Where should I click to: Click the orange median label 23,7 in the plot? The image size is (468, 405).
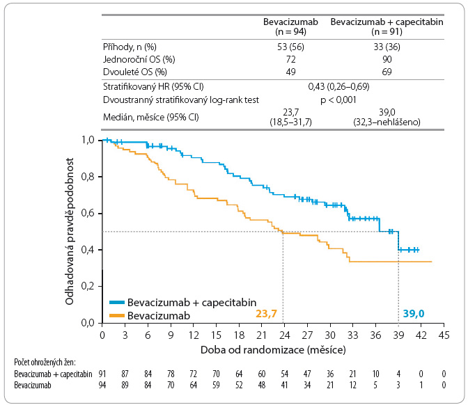click(x=266, y=313)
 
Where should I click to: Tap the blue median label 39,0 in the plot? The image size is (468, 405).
click(x=414, y=313)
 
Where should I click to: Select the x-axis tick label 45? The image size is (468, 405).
click(x=444, y=335)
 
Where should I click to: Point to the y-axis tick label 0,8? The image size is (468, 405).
click(x=88, y=177)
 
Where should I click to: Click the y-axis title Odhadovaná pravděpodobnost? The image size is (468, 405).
click(x=69, y=232)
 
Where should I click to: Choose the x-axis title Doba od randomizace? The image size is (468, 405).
click(x=253, y=349)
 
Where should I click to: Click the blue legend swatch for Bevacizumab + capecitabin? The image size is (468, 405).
click(x=117, y=303)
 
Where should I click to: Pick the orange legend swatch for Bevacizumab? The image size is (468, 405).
click(x=117, y=315)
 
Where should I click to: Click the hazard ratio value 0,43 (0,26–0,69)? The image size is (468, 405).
click(x=338, y=87)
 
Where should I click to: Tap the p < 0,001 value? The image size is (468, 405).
click(x=338, y=100)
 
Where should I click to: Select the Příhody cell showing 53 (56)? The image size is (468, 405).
click(x=290, y=47)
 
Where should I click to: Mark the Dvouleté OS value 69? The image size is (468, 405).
click(x=387, y=72)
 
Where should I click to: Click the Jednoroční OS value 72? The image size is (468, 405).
click(x=290, y=59)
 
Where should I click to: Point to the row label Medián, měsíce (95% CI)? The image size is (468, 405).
click(x=150, y=117)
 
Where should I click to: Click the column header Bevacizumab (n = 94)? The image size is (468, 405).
click(x=290, y=26)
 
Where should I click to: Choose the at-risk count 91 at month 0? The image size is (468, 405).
click(x=102, y=374)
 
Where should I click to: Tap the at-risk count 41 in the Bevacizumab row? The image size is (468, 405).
click(x=284, y=385)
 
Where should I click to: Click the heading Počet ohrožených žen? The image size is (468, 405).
click(x=45, y=362)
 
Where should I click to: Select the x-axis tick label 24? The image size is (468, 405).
click(x=284, y=335)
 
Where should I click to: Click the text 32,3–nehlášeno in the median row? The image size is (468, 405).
click(x=387, y=122)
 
